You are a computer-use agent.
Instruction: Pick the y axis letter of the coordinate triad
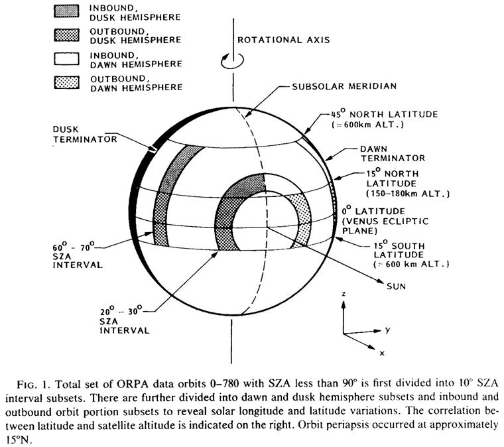(387, 329)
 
